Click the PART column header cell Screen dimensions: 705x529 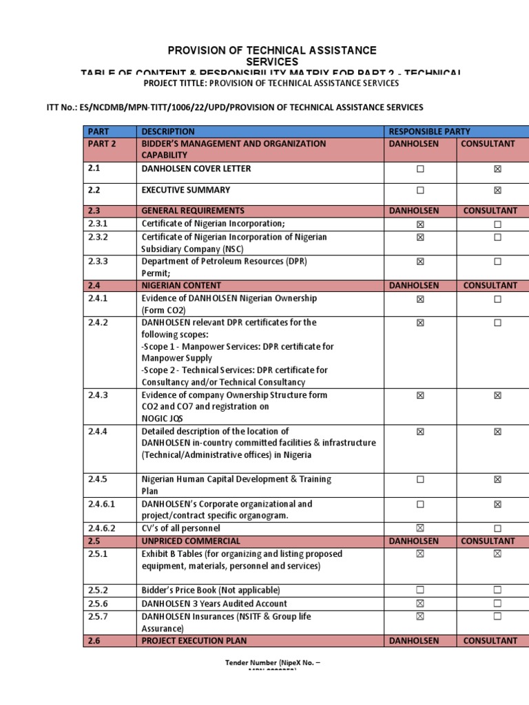click(x=98, y=131)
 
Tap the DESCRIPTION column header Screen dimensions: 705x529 click(x=168, y=131)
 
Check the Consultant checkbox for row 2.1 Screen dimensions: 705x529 click(x=497, y=169)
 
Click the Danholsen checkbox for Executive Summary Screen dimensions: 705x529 click(x=420, y=190)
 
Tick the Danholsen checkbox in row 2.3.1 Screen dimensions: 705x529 click(x=420, y=224)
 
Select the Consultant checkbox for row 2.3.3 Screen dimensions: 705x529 click(x=497, y=262)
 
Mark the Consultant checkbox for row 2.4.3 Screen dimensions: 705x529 click(x=497, y=395)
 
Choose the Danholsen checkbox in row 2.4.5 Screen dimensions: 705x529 click(x=420, y=479)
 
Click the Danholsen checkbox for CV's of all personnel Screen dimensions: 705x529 click(x=420, y=528)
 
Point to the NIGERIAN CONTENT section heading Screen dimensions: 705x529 click(x=181, y=285)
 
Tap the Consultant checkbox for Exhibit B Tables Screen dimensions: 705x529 click(x=497, y=554)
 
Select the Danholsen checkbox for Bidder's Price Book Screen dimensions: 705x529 click(x=420, y=590)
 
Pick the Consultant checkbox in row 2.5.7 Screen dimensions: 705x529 click(x=497, y=616)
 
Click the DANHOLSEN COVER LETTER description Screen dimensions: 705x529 click(x=196, y=169)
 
